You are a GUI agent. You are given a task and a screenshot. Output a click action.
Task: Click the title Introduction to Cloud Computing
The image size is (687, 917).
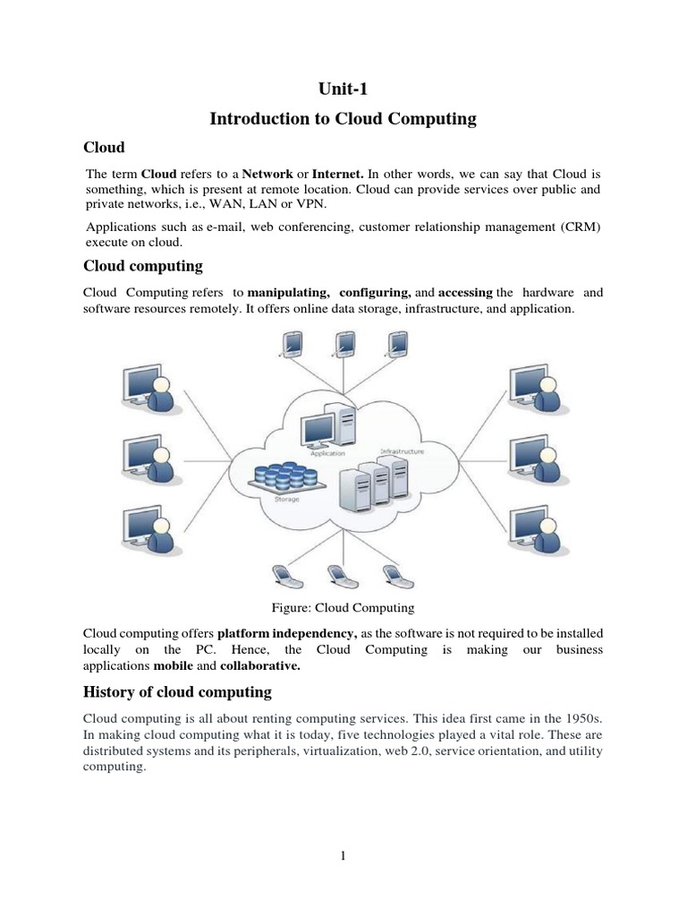[343, 118]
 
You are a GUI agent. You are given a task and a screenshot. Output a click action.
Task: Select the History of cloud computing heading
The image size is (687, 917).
[177, 692]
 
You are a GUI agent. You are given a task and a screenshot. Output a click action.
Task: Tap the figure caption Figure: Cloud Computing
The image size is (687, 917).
[343, 607]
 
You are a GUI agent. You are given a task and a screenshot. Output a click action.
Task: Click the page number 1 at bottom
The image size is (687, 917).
[343, 856]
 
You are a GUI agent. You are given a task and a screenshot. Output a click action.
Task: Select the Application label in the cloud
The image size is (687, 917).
[327, 454]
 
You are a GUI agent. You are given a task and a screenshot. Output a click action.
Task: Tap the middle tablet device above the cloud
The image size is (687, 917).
[343, 345]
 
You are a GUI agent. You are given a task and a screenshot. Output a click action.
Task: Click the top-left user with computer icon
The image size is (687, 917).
[147, 387]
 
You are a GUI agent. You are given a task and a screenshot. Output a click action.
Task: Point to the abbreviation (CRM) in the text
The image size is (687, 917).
[581, 227]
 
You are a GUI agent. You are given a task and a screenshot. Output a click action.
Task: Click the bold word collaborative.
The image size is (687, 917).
[259, 666]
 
